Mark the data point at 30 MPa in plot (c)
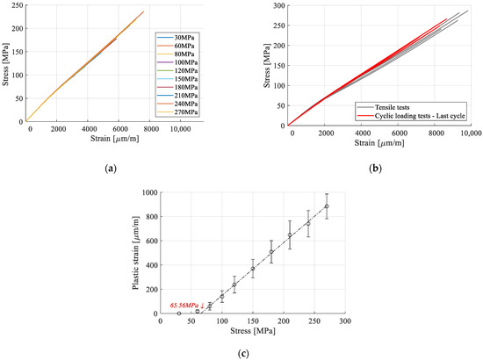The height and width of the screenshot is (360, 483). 178,313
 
